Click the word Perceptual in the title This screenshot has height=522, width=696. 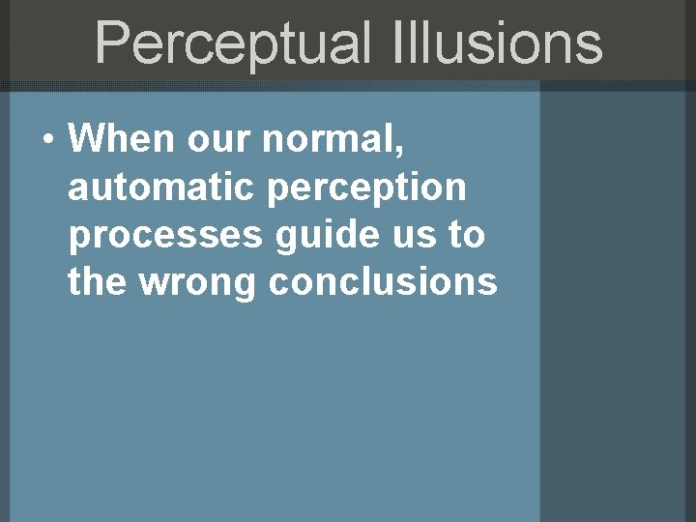[x=232, y=44]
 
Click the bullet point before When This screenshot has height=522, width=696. [x=47, y=141]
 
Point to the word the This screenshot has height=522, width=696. [x=92, y=282]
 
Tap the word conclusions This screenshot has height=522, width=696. [x=384, y=282]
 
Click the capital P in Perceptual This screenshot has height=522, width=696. [x=113, y=44]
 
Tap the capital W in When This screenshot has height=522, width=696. [x=85, y=141]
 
